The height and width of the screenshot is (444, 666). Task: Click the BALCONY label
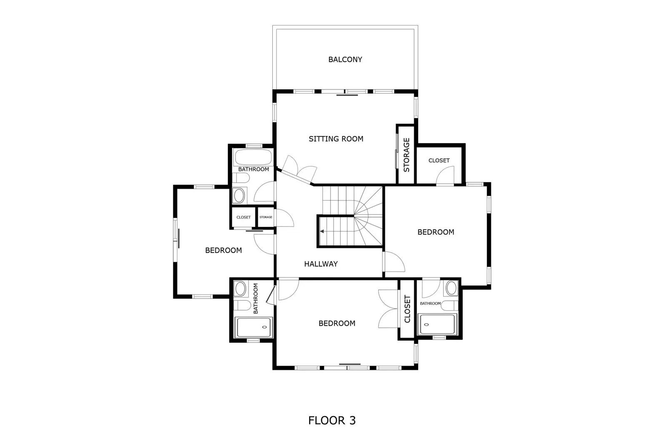pyautogui.click(x=345, y=60)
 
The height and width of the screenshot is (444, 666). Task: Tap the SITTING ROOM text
pyautogui.click(x=336, y=139)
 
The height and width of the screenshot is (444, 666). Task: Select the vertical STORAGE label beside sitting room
pyautogui.click(x=407, y=155)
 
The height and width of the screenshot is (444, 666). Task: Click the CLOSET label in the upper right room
pyautogui.click(x=439, y=160)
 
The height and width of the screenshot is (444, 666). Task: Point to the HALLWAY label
pyautogui.click(x=321, y=264)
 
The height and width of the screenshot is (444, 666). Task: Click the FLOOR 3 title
pyautogui.click(x=332, y=420)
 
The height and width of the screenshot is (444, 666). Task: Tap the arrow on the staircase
pyautogui.click(x=322, y=231)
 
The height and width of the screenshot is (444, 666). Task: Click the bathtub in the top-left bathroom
pyautogui.click(x=253, y=157)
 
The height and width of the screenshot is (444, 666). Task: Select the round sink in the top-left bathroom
pyautogui.click(x=239, y=195)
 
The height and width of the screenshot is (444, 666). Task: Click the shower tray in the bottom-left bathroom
pyautogui.click(x=254, y=327)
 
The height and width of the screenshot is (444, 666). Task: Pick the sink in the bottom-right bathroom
pyautogui.click(x=451, y=287)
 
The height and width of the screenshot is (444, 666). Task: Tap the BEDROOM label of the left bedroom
pyautogui.click(x=223, y=250)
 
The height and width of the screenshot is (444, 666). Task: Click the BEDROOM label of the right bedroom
pyautogui.click(x=436, y=232)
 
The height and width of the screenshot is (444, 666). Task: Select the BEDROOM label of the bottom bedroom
pyautogui.click(x=337, y=323)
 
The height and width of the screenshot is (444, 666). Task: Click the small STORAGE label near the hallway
pyautogui.click(x=266, y=217)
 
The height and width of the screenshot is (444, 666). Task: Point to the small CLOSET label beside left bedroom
pyautogui.click(x=244, y=217)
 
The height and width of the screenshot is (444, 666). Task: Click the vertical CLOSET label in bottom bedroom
pyautogui.click(x=407, y=309)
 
